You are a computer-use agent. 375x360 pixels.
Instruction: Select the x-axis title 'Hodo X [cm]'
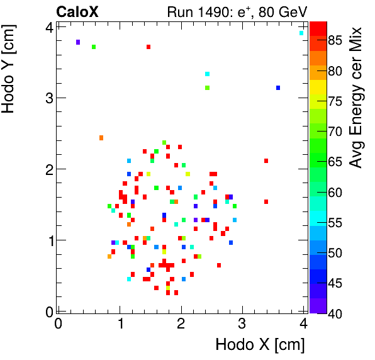(x=260, y=345)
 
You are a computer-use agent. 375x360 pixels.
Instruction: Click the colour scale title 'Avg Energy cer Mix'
(x=356, y=98)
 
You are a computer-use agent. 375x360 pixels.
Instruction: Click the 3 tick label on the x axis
(x=242, y=324)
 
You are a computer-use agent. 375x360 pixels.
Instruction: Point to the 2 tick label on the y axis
(x=48, y=169)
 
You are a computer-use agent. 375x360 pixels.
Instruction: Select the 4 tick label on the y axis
(x=48, y=27)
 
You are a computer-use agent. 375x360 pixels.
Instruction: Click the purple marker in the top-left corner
(x=78, y=42)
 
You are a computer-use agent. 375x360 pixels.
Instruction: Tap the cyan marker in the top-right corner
(x=301, y=33)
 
